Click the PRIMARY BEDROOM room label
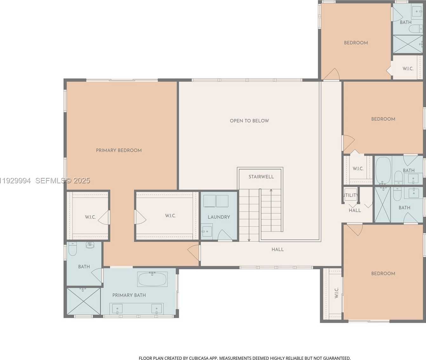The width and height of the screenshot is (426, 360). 119,150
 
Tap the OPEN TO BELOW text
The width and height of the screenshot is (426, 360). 249,121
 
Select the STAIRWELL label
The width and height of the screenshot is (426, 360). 261,177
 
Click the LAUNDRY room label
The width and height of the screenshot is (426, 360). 219,217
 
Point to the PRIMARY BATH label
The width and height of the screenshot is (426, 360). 129,295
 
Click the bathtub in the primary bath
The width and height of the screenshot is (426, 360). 152,279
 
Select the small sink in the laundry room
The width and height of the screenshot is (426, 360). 207,230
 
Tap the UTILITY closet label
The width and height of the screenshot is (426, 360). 350,195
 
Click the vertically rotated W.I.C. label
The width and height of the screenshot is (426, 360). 336,293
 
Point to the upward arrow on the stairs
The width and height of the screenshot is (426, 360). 271,191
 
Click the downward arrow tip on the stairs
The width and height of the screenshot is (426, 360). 249,240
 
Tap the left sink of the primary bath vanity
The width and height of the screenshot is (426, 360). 117,308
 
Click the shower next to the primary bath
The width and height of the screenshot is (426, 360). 83,301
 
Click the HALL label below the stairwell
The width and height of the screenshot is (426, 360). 277,250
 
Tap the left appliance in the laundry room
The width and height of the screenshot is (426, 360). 210,201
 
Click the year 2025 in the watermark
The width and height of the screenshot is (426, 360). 82,181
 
